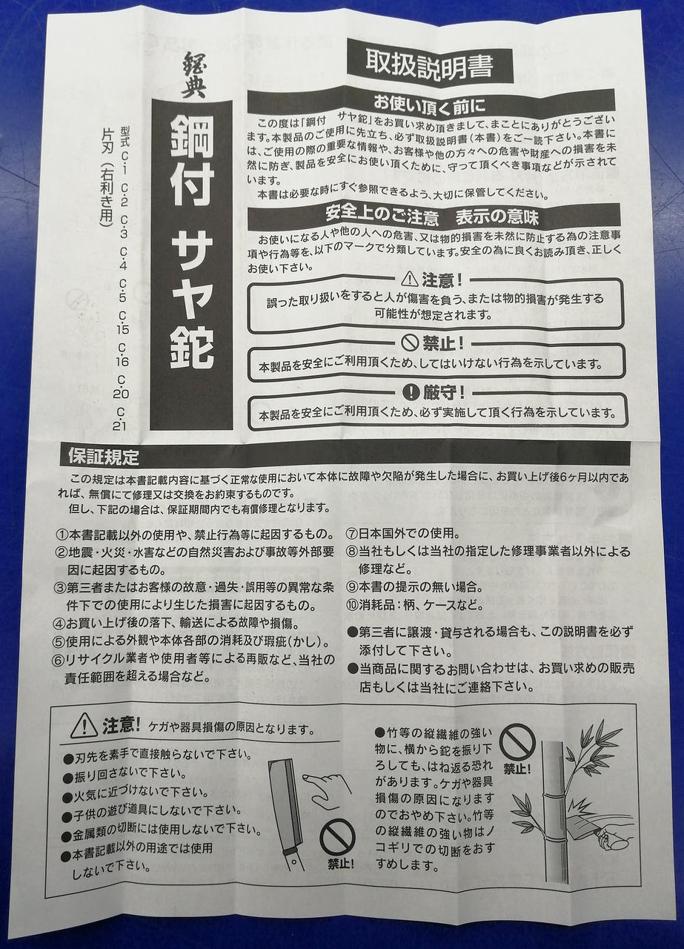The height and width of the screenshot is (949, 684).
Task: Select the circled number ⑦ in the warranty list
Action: tap(353, 535)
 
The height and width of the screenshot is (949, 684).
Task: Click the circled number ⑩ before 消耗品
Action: tap(353, 606)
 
